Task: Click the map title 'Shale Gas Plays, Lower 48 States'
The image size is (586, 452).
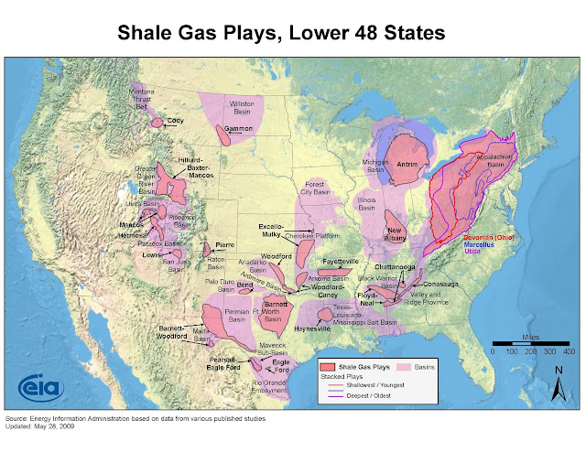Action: click(x=293, y=33)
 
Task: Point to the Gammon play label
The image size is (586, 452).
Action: click(x=239, y=129)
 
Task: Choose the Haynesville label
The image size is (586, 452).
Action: click(x=312, y=328)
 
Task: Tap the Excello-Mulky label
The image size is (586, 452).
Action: click(x=272, y=228)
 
